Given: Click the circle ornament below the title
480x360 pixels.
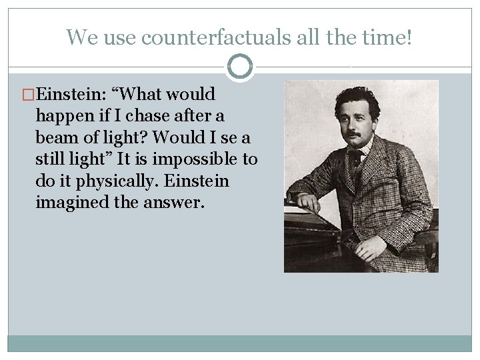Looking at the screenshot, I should coord(240,67).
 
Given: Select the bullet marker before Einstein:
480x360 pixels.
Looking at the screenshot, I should coord(29,95).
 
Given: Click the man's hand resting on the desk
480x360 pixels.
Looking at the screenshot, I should coord(308,201).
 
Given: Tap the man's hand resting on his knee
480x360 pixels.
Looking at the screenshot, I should coord(371,248).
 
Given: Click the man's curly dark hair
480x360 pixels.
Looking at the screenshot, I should coord(357,100).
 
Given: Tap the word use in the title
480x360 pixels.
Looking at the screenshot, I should coord(119,37).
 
